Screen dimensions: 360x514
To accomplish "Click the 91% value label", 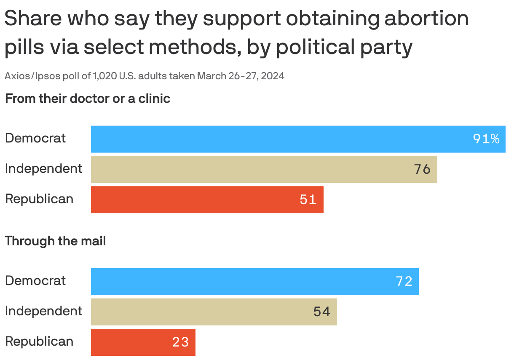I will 486,139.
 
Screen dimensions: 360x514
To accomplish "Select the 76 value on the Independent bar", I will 422,169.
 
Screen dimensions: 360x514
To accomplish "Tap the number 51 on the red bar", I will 308,199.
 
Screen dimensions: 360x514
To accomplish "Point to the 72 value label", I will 404,281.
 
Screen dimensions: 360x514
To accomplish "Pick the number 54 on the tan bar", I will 322,312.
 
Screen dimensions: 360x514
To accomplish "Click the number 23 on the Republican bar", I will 181,342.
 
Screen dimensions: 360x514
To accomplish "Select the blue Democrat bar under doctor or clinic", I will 278,139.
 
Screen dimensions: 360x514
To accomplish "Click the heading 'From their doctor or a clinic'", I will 88,99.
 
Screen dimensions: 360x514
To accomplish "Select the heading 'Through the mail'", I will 55,241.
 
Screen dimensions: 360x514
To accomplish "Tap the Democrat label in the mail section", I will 35,281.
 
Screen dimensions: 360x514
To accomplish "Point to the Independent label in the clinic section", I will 43,169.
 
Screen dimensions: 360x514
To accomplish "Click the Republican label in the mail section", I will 39,341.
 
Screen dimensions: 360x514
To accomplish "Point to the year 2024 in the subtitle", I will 273,76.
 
